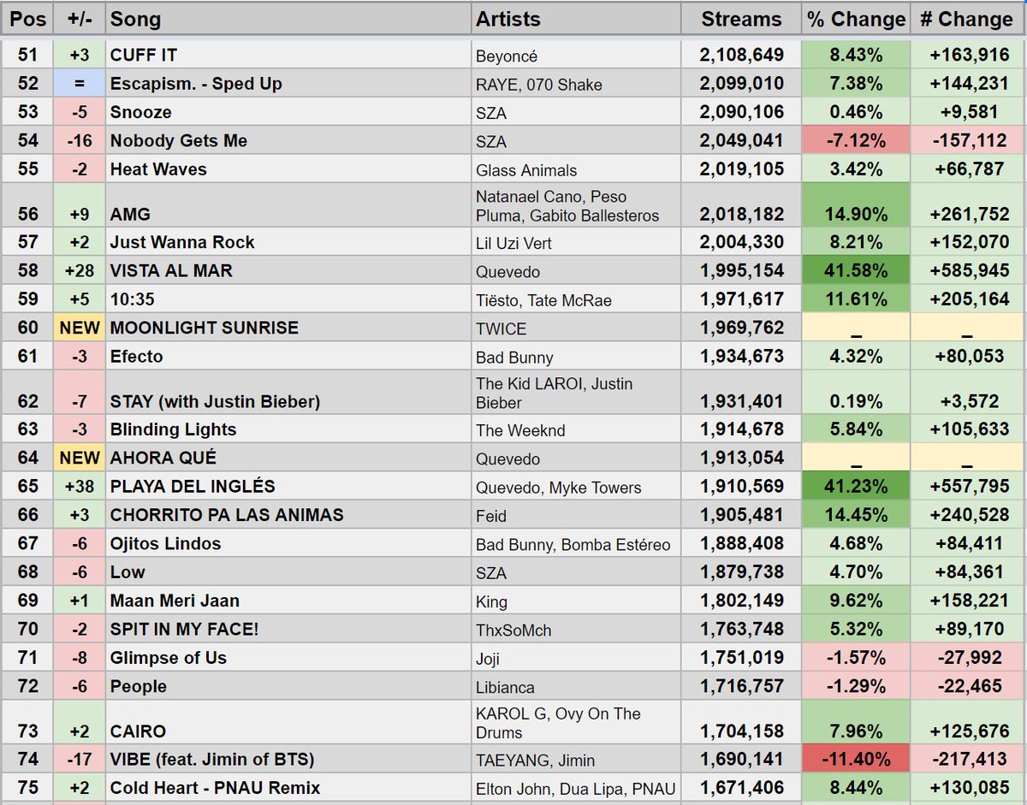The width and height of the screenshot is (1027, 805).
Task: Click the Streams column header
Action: click(x=740, y=19)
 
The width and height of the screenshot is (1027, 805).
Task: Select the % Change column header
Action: click(x=855, y=19)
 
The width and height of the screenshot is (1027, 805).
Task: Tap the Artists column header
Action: click(x=508, y=19)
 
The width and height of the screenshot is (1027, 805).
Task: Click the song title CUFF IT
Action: click(x=144, y=56)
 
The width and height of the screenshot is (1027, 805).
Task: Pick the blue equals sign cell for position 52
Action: click(x=79, y=84)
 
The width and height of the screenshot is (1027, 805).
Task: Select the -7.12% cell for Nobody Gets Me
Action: click(x=855, y=141)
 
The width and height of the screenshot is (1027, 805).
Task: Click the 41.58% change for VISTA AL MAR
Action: click(x=855, y=271)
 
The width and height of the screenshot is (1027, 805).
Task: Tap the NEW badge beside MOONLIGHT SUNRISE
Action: click(x=79, y=329)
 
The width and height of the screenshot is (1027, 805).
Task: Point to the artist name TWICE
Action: click(x=502, y=329)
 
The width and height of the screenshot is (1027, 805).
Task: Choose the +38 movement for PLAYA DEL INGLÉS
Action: click(x=79, y=487)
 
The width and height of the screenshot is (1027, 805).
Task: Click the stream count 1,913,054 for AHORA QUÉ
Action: click(x=741, y=459)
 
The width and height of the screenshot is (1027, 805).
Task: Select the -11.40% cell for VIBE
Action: click(x=855, y=760)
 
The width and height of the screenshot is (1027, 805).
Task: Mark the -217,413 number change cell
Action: click(x=967, y=760)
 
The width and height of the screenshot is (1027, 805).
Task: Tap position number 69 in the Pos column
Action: click(x=28, y=601)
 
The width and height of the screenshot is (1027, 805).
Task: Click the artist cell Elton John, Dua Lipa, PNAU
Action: click(x=576, y=789)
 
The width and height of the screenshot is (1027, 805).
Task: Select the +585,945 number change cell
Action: click(x=967, y=271)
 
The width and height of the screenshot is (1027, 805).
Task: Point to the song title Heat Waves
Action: click(x=158, y=169)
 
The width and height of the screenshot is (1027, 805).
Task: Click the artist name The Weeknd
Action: click(x=520, y=430)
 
